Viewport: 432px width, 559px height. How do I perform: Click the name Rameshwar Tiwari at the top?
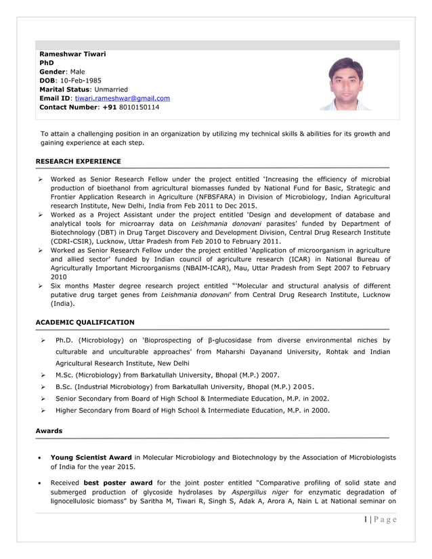(72, 54)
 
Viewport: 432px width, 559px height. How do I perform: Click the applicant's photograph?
(345, 83)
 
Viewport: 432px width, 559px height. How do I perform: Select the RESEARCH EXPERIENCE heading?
(78, 161)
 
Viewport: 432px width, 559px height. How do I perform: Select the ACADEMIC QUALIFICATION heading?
(85, 322)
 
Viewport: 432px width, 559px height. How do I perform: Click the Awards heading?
(49, 430)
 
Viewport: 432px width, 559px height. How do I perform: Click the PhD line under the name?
(47, 63)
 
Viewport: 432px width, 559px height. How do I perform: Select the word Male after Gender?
(82, 72)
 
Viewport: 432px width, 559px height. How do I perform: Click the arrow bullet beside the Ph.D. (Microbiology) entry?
(42, 340)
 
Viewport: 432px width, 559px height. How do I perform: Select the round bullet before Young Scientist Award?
(41, 458)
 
